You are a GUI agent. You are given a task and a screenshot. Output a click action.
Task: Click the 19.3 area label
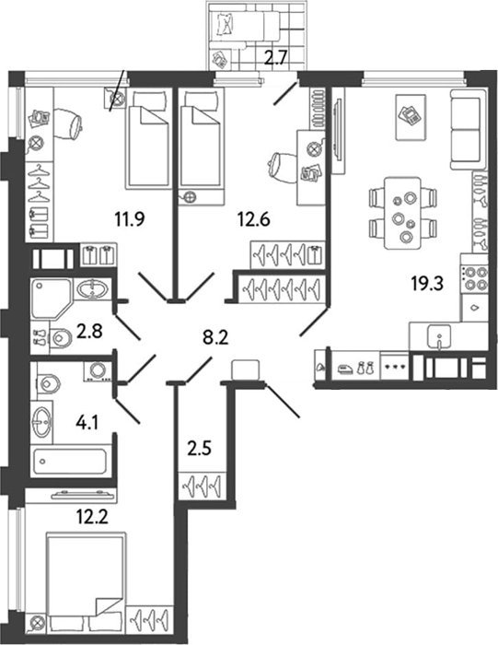(427, 284)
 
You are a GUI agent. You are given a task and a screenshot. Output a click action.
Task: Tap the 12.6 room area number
(253, 219)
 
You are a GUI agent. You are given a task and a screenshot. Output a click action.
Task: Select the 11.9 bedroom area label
(130, 219)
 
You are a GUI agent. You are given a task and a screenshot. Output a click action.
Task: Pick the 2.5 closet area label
(199, 449)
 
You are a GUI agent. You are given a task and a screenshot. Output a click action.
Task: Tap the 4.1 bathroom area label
(87, 422)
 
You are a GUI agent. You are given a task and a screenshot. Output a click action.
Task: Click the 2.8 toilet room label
(89, 331)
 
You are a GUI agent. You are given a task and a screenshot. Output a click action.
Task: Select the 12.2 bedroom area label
(92, 516)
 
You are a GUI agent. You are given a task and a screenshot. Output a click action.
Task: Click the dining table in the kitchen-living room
(402, 213)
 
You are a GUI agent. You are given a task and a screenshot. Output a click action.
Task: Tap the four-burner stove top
(475, 278)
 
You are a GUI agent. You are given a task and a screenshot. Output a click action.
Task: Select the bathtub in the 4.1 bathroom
(70, 461)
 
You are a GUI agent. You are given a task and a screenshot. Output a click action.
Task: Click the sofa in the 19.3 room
(469, 130)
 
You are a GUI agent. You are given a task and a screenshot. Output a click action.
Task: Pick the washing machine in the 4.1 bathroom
(98, 371)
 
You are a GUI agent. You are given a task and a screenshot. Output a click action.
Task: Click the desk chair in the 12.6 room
(282, 166)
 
